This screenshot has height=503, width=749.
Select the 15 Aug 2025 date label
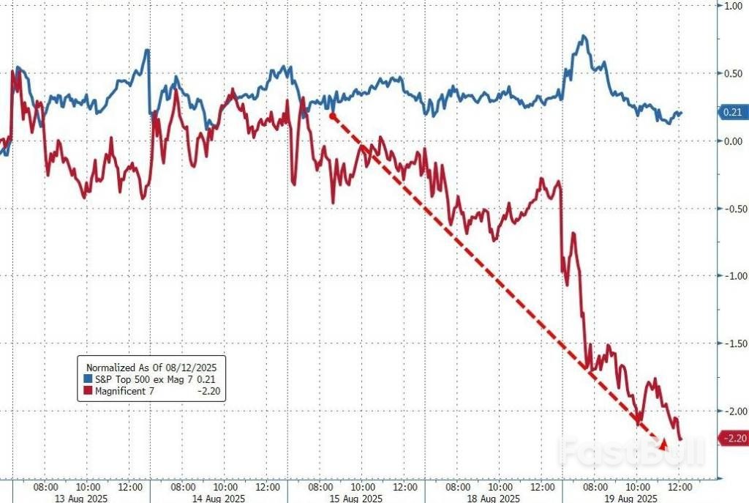356,498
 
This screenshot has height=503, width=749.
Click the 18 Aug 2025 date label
495,498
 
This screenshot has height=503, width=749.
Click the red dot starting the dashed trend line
332,116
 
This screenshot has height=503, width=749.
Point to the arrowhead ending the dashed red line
663,444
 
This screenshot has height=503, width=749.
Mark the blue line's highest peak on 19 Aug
583,36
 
